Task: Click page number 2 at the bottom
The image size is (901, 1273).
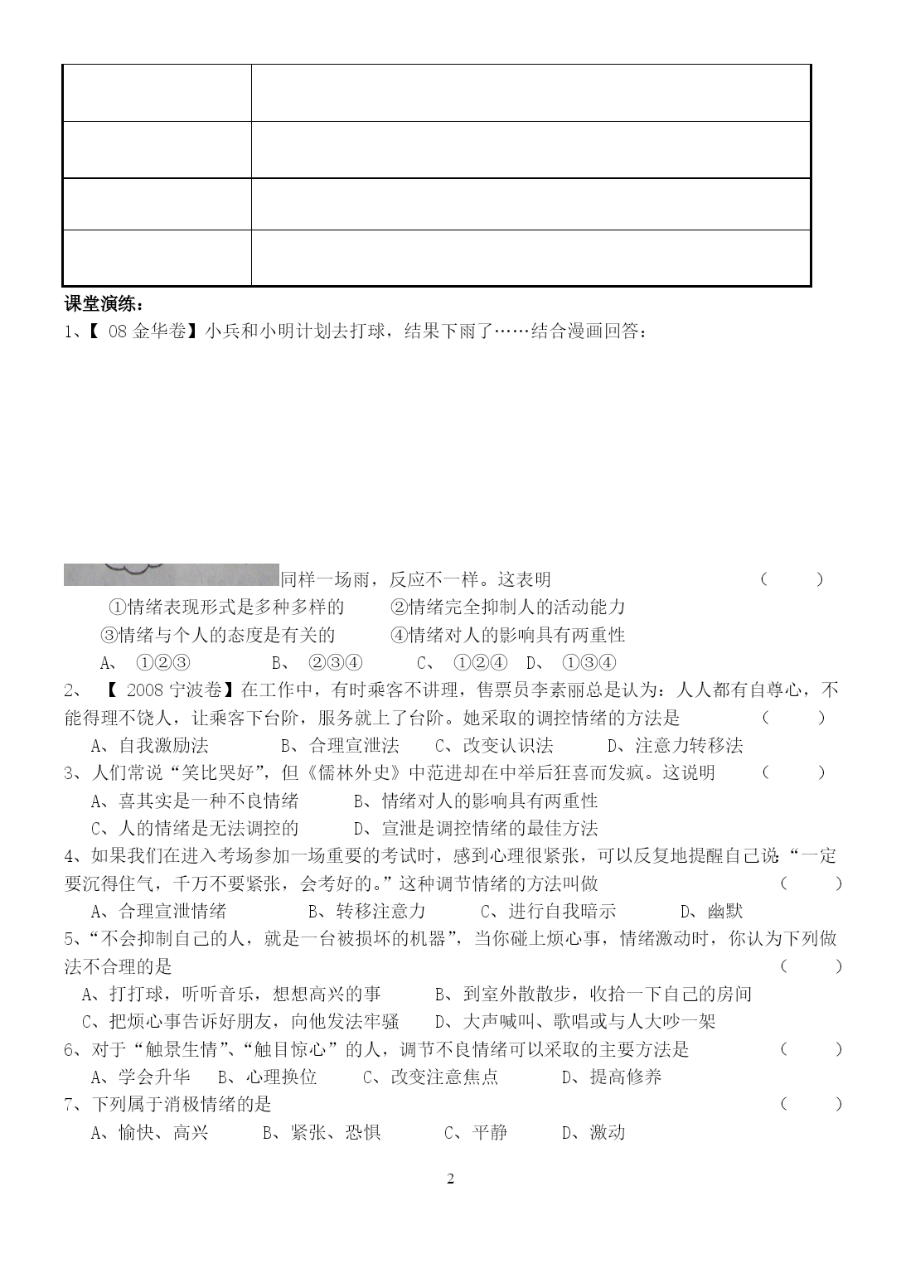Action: click(x=451, y=1179)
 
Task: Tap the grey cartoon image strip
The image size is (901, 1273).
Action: click(x=171, y=574)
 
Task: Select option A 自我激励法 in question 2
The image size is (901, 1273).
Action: click(x=149, y=745)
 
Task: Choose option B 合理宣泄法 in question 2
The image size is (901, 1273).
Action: click(x=340, y=745)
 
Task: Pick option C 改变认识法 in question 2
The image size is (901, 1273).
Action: click(x=494, y=745)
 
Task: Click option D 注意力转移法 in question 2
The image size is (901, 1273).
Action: click(x=676, y=745)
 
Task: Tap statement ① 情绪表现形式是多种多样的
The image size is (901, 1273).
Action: click(x=226, y=607)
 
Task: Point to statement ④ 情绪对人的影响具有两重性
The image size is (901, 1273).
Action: click(x=507, y=635)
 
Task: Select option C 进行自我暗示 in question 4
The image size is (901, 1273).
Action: click(x=549, y=911)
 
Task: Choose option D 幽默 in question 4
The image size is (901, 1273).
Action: click(x=711, y=911)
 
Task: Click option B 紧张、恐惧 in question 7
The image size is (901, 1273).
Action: click(x=322, y=1132)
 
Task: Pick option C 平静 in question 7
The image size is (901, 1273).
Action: click(x=476, y=1132)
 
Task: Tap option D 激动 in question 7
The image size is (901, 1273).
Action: click(x=593, y=1132)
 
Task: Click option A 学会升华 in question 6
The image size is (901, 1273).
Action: click(x=140, y=1077)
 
